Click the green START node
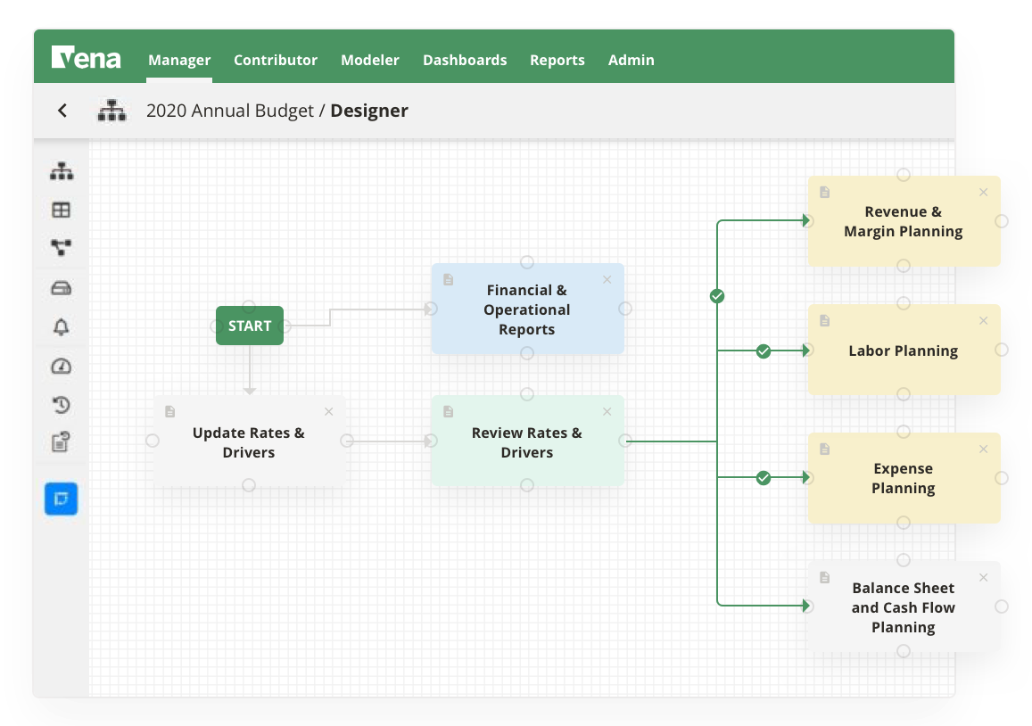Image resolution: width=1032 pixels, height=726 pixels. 250,326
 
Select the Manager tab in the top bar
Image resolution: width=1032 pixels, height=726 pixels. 179,60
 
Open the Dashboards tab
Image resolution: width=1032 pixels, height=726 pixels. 465,60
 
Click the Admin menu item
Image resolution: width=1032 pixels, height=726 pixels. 632,60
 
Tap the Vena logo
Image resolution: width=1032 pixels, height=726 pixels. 87,59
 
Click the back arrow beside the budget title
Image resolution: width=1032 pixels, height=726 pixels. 62,111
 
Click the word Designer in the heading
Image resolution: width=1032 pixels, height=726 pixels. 369,111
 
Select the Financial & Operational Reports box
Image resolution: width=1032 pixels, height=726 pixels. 527,309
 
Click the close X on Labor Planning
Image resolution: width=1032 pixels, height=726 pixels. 984,321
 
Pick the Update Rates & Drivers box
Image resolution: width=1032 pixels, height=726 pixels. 249,442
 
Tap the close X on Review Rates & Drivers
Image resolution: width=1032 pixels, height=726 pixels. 607,412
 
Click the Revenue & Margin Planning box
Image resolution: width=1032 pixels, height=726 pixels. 904,221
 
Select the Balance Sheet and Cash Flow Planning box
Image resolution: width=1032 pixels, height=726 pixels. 904,607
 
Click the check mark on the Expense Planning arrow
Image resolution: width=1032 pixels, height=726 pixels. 764,478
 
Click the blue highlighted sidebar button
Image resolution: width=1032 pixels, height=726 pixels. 62,499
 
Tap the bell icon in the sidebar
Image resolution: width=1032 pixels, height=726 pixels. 61,327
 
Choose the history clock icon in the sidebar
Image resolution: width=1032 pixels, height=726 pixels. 61,405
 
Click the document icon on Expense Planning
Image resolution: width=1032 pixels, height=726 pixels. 825,450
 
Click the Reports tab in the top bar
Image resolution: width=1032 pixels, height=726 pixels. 557,60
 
